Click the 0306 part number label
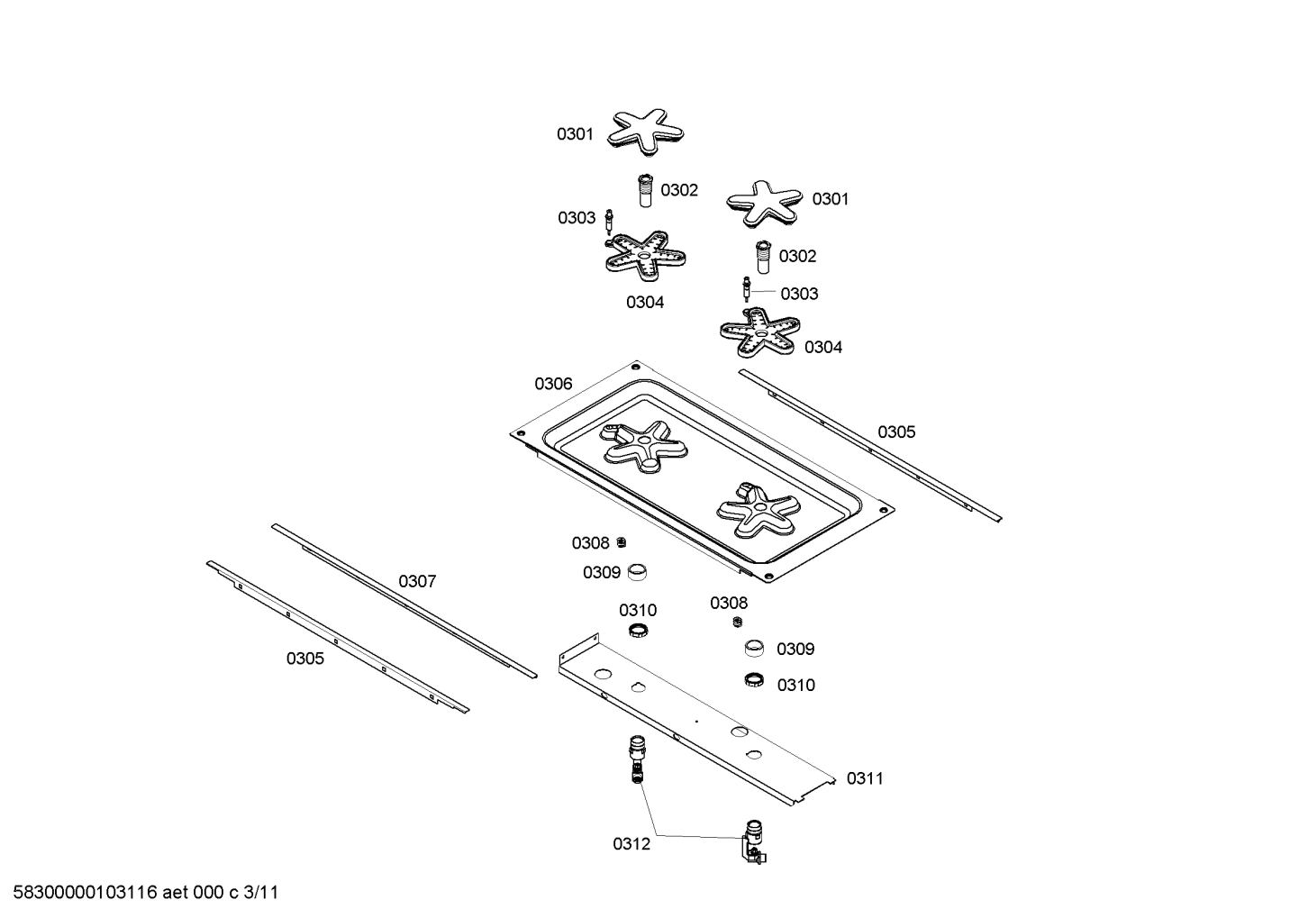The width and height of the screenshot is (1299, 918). [553, 384]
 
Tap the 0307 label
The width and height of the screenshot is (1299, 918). [417, 582]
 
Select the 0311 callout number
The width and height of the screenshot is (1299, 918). [865, 778]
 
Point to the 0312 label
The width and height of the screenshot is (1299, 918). [631, 844]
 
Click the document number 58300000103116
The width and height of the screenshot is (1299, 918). [80, 893]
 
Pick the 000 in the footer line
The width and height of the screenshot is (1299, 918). [210, 893]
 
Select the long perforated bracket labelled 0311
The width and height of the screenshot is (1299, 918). [694, 721]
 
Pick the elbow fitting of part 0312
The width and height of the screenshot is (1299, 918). [751, 842]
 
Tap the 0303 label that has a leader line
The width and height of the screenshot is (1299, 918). [799, 294]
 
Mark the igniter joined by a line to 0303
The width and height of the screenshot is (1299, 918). [746, 290]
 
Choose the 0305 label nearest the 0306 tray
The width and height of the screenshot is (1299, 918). [896, 432]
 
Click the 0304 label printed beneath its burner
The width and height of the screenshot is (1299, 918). [645, 303]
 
